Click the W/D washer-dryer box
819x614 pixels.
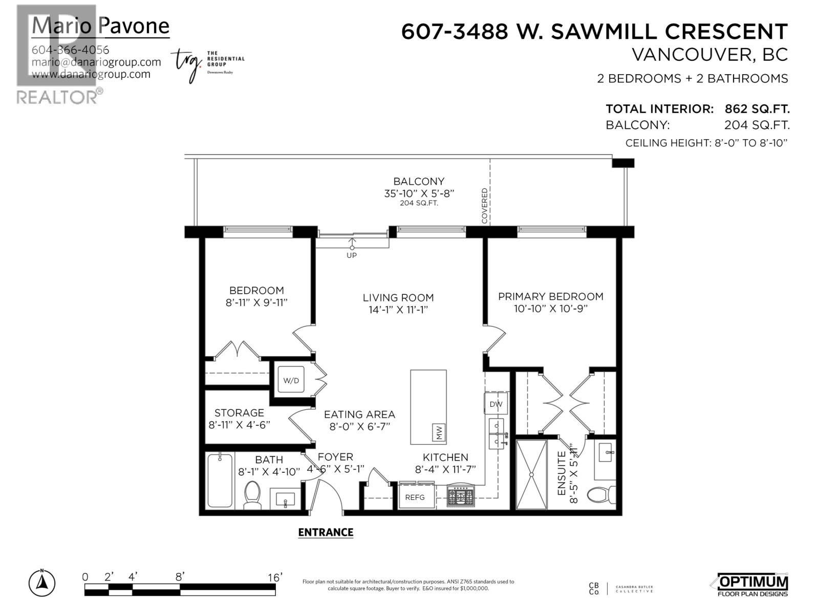tap(291, 380)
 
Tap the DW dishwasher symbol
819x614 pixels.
tap(495, 404)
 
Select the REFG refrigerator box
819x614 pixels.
tap(415, 497)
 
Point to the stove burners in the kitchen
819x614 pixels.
tap(461, 496)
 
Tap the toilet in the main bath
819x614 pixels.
tap(252, 494)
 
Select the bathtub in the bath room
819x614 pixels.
tap(220, 480)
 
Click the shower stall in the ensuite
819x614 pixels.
tap(532, 474)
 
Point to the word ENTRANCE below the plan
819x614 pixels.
tap(326, 532)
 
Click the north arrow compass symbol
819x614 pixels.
tap(42, 583)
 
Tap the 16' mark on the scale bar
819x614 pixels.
tap(275, 577)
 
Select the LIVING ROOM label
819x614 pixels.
tap(398, 297)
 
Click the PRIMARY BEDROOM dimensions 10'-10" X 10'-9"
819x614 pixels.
tap(550, 309)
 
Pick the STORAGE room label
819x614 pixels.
tap(239, 412)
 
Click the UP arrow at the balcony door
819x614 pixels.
tap(352, 246)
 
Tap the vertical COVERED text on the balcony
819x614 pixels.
tap(484, 206)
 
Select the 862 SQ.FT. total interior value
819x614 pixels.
tap(757, 108)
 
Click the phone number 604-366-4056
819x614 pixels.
tap(70, 50)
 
